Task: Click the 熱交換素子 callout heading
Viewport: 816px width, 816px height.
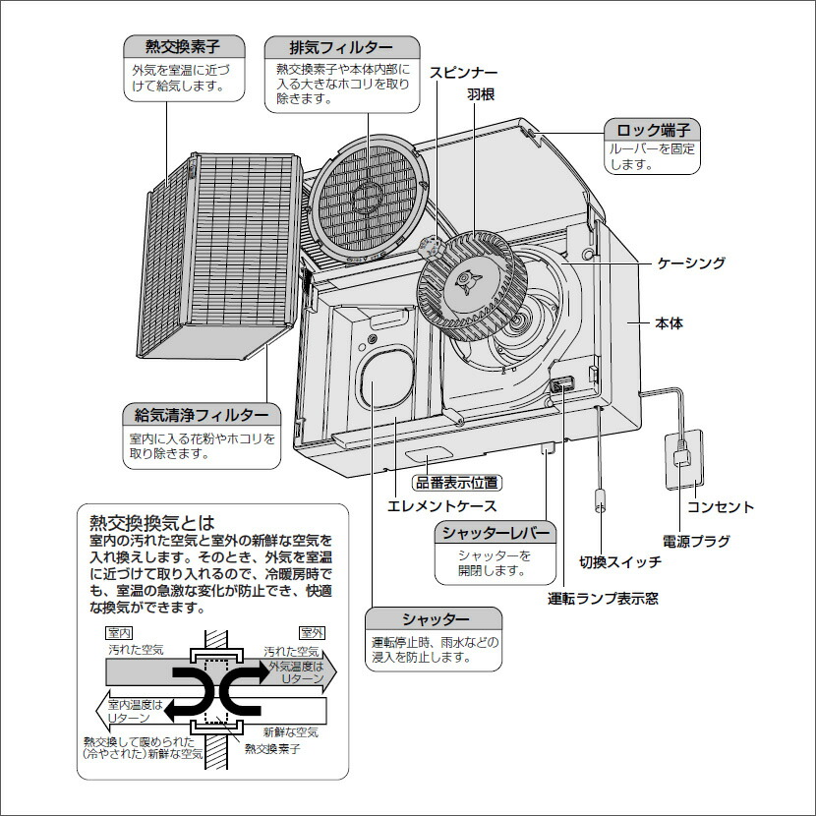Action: click(x=182, y=46)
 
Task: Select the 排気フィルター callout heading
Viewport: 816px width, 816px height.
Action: click(x=341, y=47)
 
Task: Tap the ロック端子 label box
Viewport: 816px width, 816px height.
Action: click(x=652, y=130)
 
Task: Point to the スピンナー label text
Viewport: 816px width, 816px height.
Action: click(x=462, y=73)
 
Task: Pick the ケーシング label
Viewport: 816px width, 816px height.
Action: click(x=690, y=262)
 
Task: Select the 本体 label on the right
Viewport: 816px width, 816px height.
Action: click(x=669, y=322)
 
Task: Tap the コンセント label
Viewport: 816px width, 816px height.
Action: click(x=720, y=507)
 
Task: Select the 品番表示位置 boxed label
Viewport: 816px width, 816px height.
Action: click(x=456, y=483)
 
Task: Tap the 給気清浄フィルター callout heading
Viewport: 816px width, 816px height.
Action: click(x=201, y=415)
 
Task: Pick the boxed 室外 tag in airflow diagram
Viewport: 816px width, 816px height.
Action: click(x=313, y=632)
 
